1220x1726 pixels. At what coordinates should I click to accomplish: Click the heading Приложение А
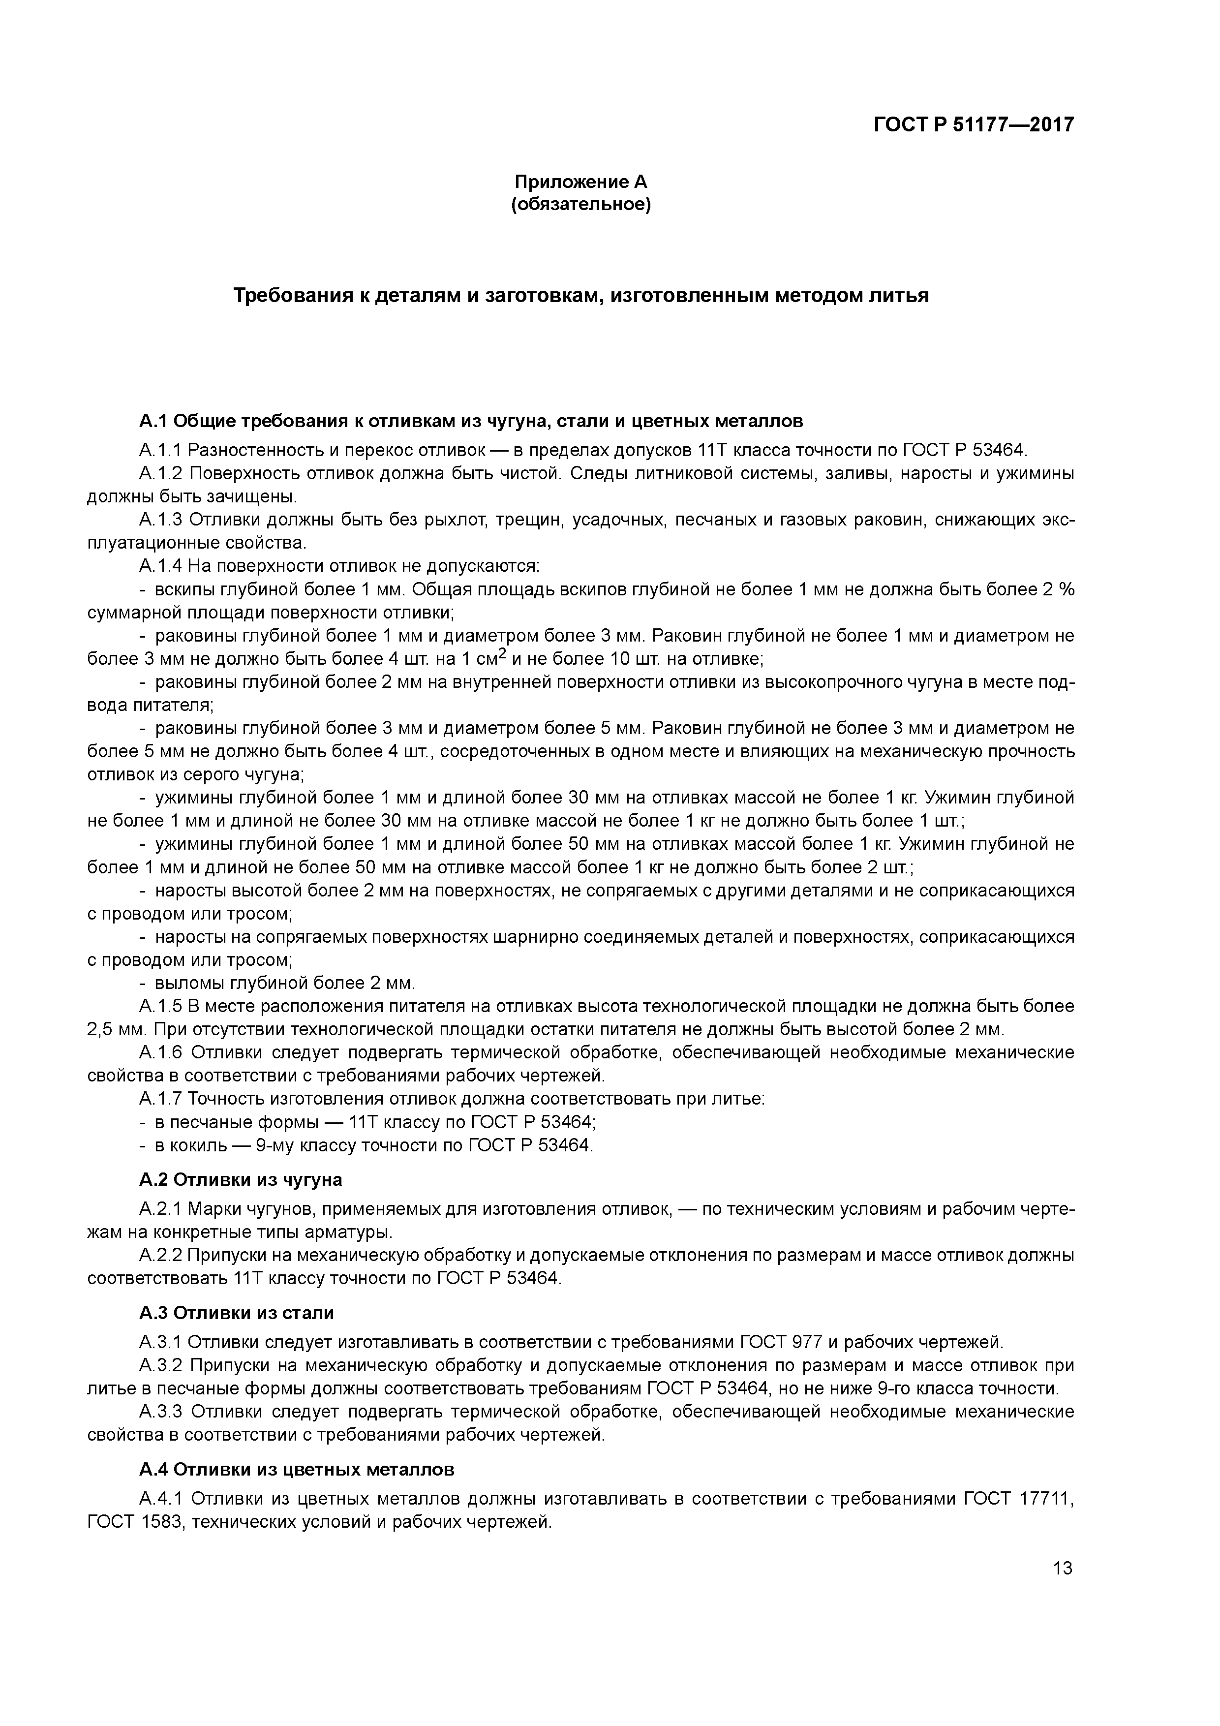coord(580,182)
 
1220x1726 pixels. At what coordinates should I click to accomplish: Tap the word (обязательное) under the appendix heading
coord(580,205)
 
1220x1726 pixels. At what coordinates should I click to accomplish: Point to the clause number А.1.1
coord(160,450)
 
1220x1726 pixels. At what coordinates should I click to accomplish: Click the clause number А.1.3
coord(160,520)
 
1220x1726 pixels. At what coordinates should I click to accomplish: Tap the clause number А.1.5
coord(160,1006)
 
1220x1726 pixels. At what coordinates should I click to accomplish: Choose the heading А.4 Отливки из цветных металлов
coord(296,1469)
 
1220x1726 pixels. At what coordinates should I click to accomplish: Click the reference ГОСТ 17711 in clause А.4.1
coord(1018,1498)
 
